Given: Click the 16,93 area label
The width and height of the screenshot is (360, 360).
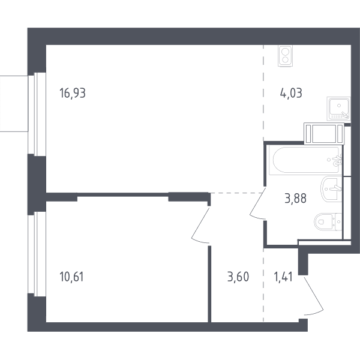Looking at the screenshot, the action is click(73, 93).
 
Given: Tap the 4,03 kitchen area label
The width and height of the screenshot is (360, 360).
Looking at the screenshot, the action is click(291, 93).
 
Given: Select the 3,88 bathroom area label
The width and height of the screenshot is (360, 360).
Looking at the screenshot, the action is click(295, 199).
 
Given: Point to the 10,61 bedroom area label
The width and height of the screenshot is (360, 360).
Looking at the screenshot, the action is click(71, 277).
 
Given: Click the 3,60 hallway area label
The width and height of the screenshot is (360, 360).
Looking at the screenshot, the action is click(238, 277).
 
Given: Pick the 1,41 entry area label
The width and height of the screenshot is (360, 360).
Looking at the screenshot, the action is click(283, 277).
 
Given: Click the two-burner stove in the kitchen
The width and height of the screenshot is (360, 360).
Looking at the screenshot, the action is click(285, 56).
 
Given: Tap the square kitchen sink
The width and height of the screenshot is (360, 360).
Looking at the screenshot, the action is click(338, 109).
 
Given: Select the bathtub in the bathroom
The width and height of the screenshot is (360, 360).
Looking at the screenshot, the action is click(305, 160).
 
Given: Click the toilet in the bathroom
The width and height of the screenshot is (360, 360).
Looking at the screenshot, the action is click(328, 222).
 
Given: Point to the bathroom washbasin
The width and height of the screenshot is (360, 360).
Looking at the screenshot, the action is click(331, 189).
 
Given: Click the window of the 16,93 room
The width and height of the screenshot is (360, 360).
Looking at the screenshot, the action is click(37, 114).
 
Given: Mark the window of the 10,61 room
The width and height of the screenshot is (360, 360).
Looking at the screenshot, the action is click(37, 254).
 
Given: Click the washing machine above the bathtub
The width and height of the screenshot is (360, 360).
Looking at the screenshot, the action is click(324, 134).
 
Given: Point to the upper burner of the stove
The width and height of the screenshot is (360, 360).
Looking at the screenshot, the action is click(285, 52).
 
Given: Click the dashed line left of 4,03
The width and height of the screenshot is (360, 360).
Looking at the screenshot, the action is click(263, 93).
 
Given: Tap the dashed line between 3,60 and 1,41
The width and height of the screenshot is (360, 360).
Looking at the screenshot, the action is click(263, 285).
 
